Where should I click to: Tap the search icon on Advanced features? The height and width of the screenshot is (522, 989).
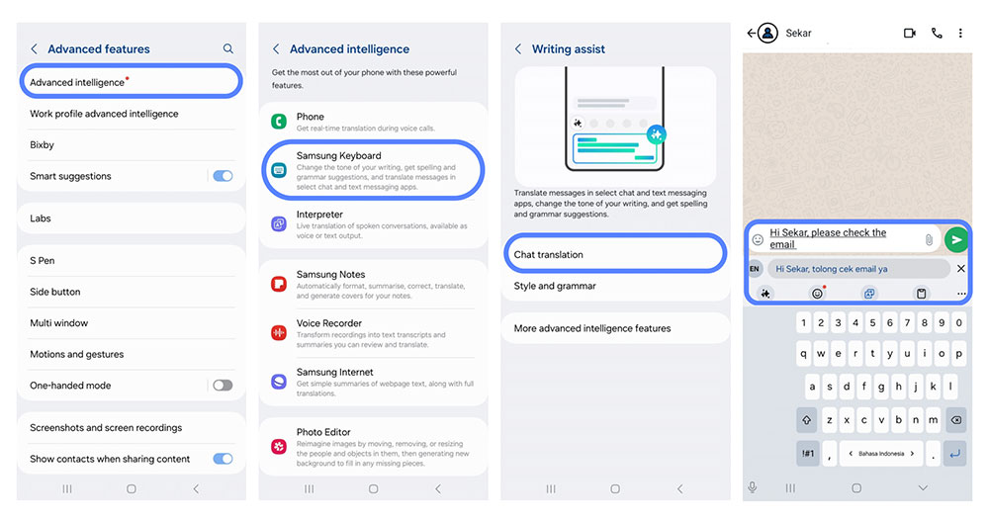click(x=227, y=48)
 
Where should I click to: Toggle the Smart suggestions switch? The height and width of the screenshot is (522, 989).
click(x=223, y=176)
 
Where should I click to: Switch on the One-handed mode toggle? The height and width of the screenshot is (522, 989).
click(x=223, y=386)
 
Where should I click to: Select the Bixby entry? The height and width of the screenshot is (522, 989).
click(x=42, y=145)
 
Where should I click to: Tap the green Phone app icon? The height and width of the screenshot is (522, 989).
click(x=279, y=121)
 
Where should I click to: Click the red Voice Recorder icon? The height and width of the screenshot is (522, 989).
click(x=279, y=332)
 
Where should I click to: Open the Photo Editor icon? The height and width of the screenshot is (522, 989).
click(x=279, y=446)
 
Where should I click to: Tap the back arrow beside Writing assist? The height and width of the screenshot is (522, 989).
click(x=518, y=49)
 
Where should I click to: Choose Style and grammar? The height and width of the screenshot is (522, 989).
click(x=555, y=287)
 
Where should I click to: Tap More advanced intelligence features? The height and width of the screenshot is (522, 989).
click(x=592, y=328)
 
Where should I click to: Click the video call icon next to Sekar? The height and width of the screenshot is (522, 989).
click(x=910, y=33)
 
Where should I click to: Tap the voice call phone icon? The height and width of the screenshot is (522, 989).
click(x=937, y=33)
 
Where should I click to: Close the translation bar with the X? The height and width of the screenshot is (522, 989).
click(x=960, y=269)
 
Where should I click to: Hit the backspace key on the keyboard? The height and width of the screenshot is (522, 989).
click(x=956, y=420)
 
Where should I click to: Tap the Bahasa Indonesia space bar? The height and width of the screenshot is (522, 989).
click(x=881, y=453)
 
